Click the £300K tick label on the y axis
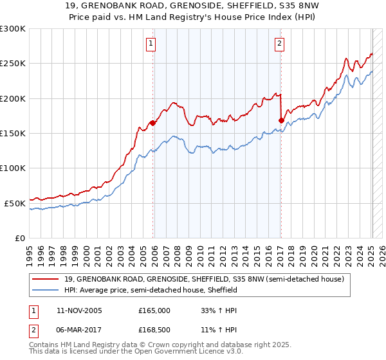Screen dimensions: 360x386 (13, 29)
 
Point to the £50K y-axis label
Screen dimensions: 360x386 (15, 203)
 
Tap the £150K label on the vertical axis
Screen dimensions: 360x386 (13, 133)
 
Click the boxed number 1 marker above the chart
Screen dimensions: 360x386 (151, 44)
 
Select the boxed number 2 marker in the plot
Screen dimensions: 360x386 (280, 44)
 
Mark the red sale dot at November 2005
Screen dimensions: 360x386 (152, 123)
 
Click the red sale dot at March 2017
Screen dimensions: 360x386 (281, 120)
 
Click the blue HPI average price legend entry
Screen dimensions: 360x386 (150, 290)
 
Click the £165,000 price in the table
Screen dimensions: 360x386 (154, 310)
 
